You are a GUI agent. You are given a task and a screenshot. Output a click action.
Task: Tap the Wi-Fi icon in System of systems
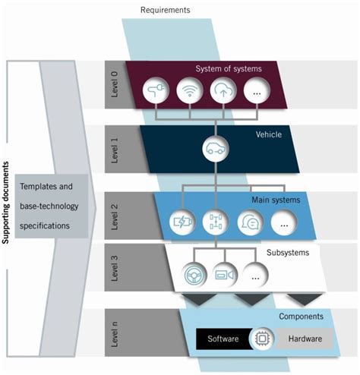[x=190, y=93]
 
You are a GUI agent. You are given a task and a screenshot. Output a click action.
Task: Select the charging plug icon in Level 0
[x=156, y=93]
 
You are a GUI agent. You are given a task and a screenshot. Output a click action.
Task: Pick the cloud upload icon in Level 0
[x=224, y=93]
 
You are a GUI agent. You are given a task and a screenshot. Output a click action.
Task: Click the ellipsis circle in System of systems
[x=258, y=93]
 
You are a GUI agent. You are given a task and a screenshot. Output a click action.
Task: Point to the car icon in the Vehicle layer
[x=216, y=148]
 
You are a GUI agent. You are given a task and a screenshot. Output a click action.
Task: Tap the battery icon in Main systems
[x=184, y=223]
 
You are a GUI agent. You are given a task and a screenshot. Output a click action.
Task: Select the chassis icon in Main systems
[x=217, y=223]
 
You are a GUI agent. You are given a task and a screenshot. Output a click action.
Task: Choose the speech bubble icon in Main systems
[x=251, y=223]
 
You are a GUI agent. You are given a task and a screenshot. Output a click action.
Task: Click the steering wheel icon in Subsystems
[x=197, y=275]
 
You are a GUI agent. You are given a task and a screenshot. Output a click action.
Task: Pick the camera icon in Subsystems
[x=225, y=275]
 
